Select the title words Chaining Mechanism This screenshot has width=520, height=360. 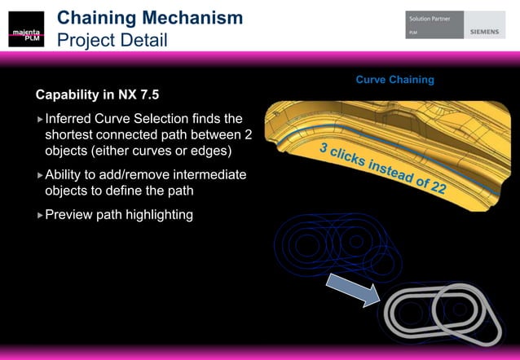(149, 17)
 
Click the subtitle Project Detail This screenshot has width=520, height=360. (112, 39)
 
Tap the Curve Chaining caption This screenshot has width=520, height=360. (394, 80)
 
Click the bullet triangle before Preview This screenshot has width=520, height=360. (39, 216)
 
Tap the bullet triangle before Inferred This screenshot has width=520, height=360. (39, 120)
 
